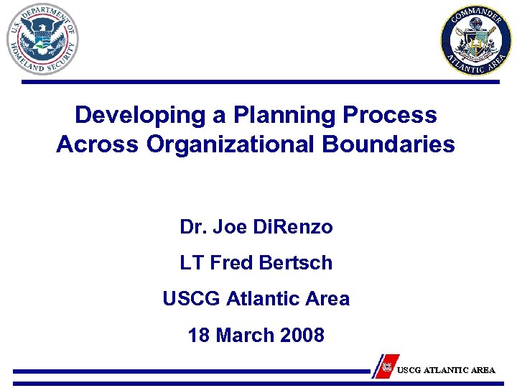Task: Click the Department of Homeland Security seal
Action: pyautogui.click(x=42, y=39)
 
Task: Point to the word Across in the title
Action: pyautogui.click(x=98, y=144)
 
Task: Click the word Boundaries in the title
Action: pyautogui.click(x=388, y=144)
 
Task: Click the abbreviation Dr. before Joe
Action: pyautogui.click(x=192, y=227)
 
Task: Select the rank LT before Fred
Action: pyautogui.click(x=192, y=263)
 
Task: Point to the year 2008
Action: pyautogui.click(x=301, y=335)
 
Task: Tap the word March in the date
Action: pyautogui.click(x=243, y=335)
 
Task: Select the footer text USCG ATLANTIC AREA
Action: pyautogui.click(x=446, y=370)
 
